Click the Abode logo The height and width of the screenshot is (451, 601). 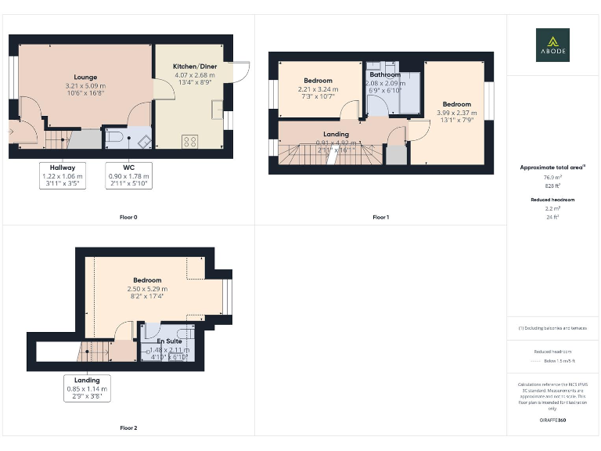pyautogui.click(x=552, y=45)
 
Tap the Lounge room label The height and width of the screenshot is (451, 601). pyautogui.click(x=86, y=77)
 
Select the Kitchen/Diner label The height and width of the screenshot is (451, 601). pyautogui.click(x=194, y=67)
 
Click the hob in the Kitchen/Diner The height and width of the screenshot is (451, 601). pyautogui.click(x=189, y=141)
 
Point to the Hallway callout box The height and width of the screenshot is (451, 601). pyautogui.click(x=63, y=176)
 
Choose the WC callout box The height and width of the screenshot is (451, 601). pyautogui.click(x=128, y=176)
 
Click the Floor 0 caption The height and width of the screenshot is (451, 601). pyautogui.click(x=128, y=216)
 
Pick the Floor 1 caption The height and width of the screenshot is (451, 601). pyautogui.click(x=380, y=216)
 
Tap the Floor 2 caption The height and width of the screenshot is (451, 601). pyautogui.click(x=128, y=428)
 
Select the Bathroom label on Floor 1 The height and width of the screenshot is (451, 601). pyautogui.click(x=385, y=75)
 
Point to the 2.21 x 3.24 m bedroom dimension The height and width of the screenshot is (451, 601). pyautogui.click(x=318, y=89)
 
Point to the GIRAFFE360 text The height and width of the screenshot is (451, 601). pyautogui.click(x=552, y=420)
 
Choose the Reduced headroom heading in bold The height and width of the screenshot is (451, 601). pyautogui.click(x=552, y=200)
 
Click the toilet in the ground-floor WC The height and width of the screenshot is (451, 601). pyautogui.click(x=116, y=139)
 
